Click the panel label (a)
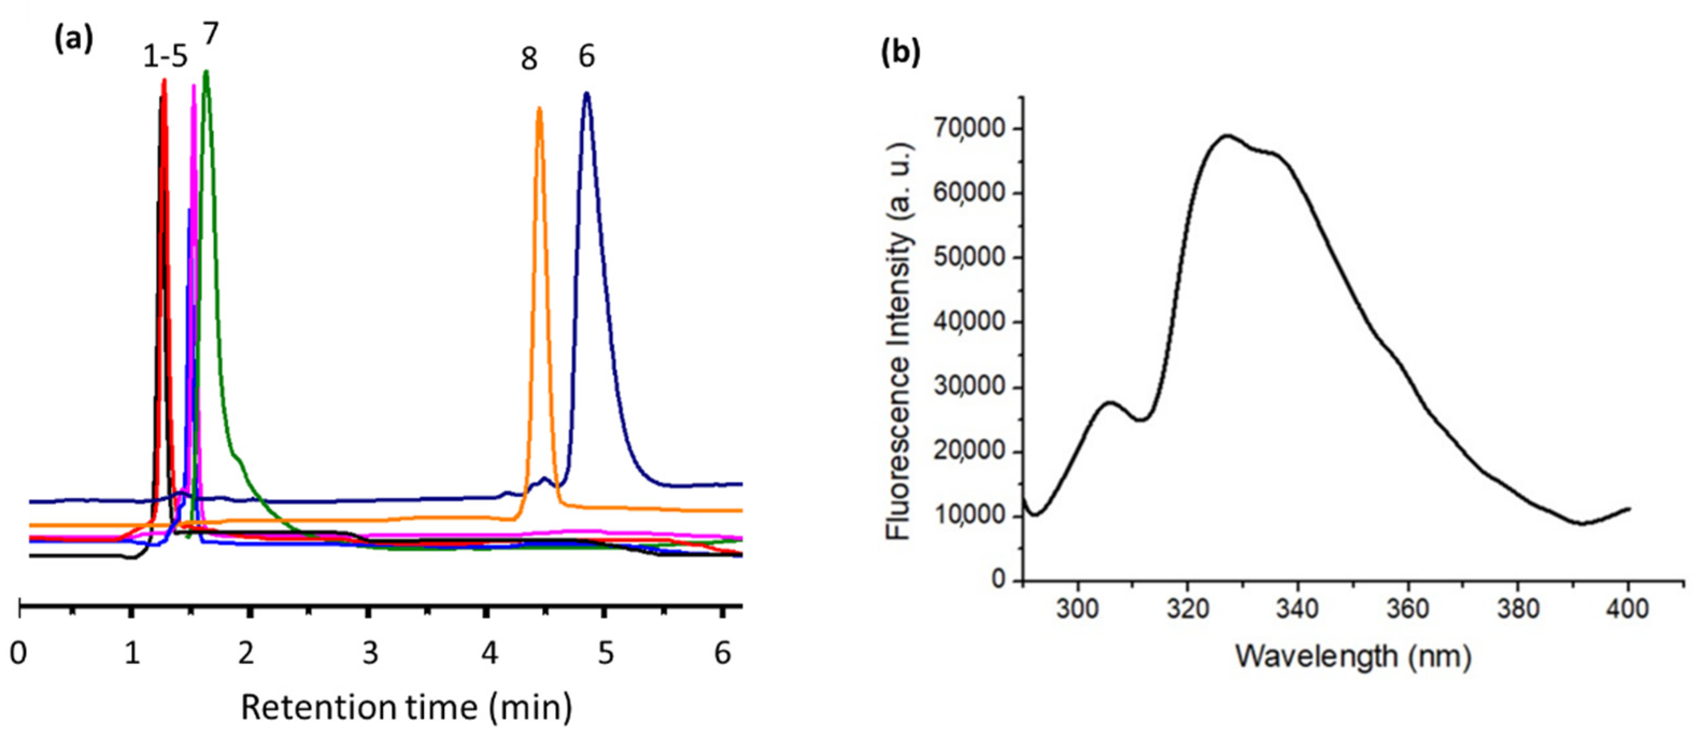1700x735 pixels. click(x=73, y=41)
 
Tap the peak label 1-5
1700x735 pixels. click(x=165, y=58)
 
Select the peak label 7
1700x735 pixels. click(x=210, y=34)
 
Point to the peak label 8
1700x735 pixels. click(x=529, y=59)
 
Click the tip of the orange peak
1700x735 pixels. click(x=539, y=108)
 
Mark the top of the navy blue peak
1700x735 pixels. click(x=586, y=93)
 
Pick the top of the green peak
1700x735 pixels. click(x=207, y=72)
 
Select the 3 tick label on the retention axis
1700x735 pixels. click(x=370, y=653)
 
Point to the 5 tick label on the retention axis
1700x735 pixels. click(x=605, y=653)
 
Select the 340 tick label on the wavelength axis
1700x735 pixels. click(x=1297, y=608)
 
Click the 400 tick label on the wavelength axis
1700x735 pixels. click(x=1627, y=608)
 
